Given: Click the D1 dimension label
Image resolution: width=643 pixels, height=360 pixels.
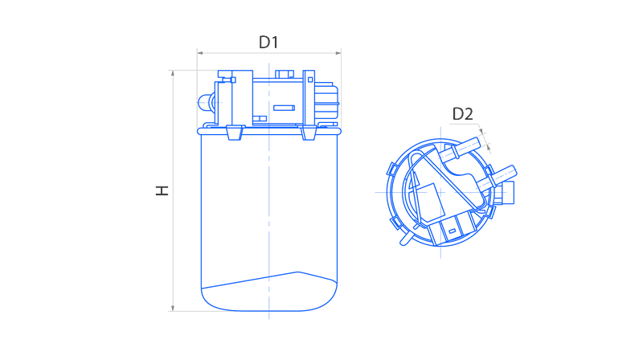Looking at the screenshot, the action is pos(268,42).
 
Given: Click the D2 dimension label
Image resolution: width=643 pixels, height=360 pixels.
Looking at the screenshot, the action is pos(463,114).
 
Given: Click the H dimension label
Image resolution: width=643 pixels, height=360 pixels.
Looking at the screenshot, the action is pos(162,190).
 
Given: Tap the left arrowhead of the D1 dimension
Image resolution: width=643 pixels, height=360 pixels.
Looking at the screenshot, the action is pos(199,53).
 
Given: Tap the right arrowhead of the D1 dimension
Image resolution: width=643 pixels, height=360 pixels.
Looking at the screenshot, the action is pos(338,53).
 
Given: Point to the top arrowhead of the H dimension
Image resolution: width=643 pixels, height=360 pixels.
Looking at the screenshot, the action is pos(173,73).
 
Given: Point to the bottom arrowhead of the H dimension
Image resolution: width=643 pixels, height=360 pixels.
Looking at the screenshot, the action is pos(173,308).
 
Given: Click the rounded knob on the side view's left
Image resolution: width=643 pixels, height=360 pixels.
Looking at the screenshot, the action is pos(206,103).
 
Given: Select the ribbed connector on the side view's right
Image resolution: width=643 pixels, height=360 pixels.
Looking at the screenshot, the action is pos(327,103).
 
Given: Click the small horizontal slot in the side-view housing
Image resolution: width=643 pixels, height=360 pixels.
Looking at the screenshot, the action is pos(284,108).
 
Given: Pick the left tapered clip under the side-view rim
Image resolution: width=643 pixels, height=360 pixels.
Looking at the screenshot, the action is pos(235,133).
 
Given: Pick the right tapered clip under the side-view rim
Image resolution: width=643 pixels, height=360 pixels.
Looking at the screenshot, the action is pos(309,133).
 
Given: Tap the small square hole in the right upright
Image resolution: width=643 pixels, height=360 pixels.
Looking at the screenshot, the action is pos(310,80).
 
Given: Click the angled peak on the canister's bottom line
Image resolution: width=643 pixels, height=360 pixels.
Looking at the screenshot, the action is pos(297,272).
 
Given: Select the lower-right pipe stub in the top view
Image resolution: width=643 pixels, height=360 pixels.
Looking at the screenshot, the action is pos(497,176).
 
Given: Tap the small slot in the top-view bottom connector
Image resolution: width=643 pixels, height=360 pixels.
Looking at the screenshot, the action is pos(452,231).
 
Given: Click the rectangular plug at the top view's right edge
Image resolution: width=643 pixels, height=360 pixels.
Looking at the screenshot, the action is pos(508,192).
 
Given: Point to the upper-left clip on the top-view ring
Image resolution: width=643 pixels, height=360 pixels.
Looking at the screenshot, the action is pos(393,169).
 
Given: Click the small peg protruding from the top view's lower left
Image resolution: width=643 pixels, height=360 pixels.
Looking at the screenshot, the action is pos(405,238).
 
